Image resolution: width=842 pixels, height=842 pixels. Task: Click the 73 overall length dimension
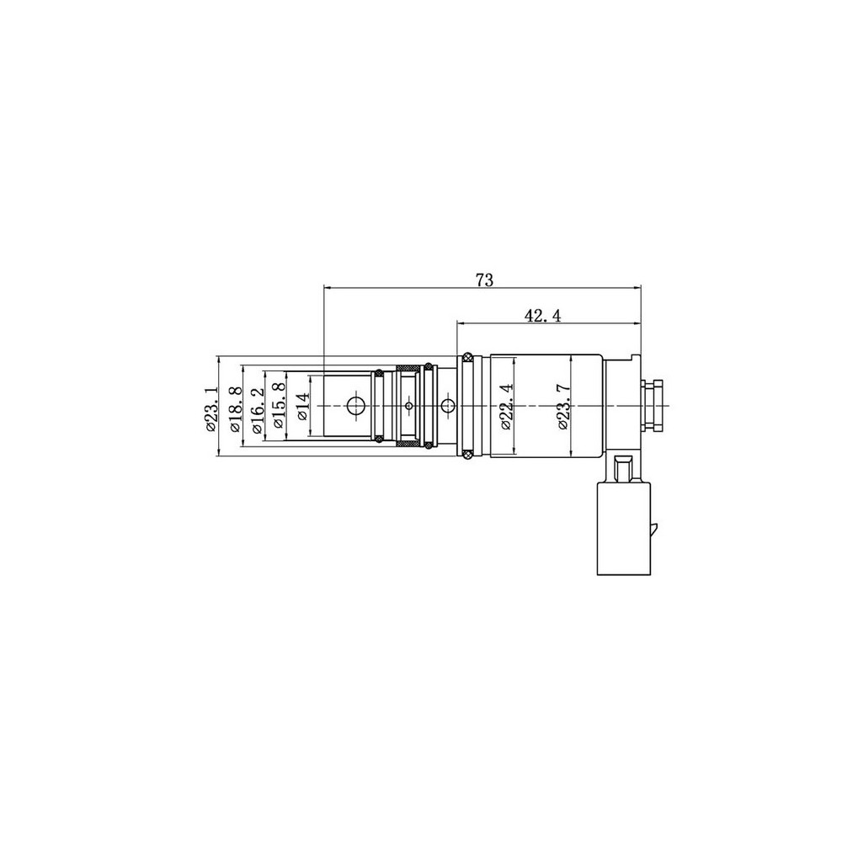(484, 280)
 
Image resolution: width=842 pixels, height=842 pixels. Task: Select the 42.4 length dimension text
(542, 316)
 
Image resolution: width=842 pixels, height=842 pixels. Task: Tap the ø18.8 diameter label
(234, 408)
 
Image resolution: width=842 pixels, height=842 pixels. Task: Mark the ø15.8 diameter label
(278, 406)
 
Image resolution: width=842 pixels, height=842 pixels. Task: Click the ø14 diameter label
(302, 407)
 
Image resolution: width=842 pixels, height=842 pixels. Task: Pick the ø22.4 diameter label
(506, 407)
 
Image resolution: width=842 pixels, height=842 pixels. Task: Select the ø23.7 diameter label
(563, 407)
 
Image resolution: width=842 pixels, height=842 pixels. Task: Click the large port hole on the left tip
(355, 406)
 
